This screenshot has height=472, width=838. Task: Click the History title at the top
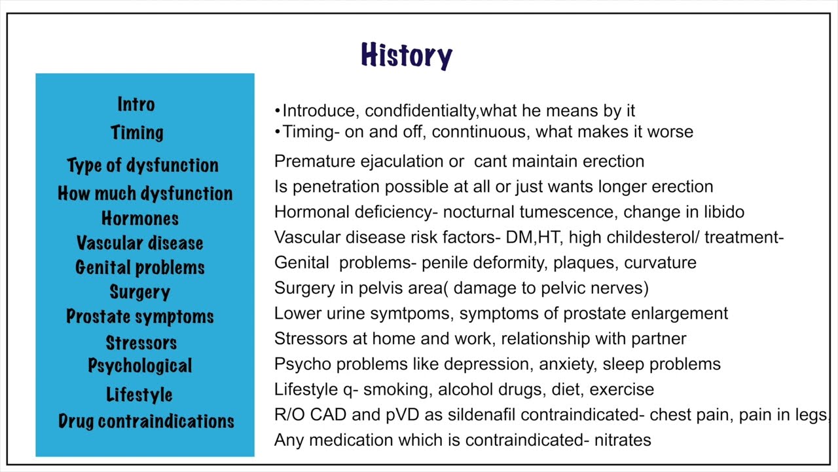[x=407, y=56]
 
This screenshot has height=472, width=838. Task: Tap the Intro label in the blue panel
[x=136, y=104]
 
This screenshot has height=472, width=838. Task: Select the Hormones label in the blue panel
[x=140, y=218]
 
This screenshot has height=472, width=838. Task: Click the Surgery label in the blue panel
[x=140, y=292]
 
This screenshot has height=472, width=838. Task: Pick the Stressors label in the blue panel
[x=141, y=342]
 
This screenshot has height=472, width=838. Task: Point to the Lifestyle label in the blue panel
[x=139, y=395]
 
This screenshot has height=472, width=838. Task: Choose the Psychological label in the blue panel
[x=140, y=365]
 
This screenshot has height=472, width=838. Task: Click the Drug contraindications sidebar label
[x=146, y=421]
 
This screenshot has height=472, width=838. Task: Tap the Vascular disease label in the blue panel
[x=140, y=243]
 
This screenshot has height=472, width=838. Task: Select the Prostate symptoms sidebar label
[x=140, y=317]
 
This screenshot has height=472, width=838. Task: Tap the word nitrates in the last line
[x=623, y=439]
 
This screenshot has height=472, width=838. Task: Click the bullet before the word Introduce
[x=278, y=111]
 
